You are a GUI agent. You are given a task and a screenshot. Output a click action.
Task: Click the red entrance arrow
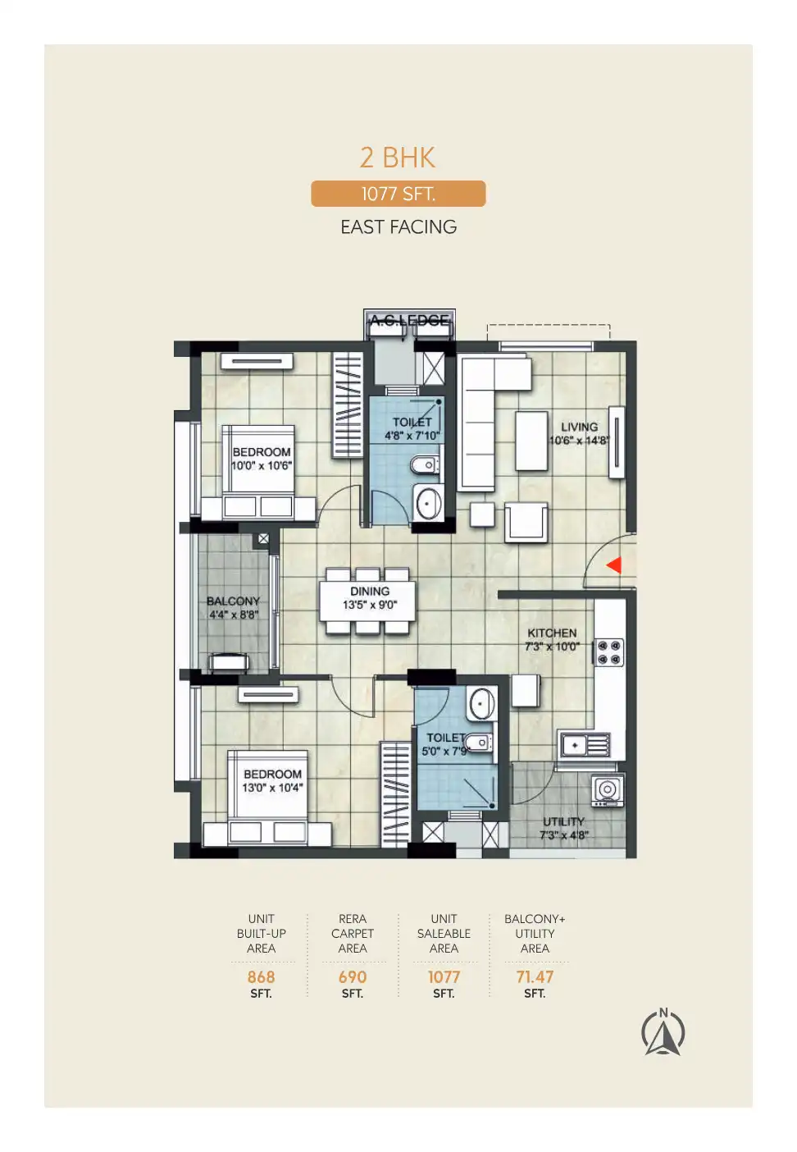[x=615, y=565]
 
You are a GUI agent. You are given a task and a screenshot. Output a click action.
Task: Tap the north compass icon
[x=663, y=1031]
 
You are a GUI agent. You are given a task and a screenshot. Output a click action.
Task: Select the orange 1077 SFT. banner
[x=398, y=194]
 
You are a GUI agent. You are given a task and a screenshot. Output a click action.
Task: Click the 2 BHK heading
[x=398, y=158]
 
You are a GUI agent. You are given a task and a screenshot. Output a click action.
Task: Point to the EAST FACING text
[x=398, y=226]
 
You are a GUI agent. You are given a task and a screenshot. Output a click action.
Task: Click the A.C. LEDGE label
[x=409, y=320]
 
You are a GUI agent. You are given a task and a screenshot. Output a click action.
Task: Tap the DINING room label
[x=370, y=591]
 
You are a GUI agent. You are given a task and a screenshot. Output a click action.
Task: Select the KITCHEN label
[x=552, y=633]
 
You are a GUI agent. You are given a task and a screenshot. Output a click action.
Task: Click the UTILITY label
[x=563, y=821]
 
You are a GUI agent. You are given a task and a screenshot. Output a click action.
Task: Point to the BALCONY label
[x=234, y=601]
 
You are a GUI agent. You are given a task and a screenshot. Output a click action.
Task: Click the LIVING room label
[x=579, y=427]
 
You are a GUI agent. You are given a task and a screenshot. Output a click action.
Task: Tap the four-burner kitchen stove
[x=609, y=652]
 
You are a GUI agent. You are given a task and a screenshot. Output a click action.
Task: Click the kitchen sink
[x=585, y=745]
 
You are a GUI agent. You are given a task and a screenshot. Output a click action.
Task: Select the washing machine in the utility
[x=608, y=790]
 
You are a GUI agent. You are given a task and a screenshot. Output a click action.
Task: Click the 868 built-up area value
[x=261, y=976]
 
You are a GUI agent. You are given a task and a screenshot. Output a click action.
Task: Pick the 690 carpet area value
[x=353, y=976]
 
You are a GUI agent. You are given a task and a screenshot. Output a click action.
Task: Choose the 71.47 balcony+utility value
[x=535, y=976]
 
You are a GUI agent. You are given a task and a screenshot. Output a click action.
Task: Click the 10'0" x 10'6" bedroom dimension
[x=262, y=466]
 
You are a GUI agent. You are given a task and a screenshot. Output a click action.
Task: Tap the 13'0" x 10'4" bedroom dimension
[x=273, y=788]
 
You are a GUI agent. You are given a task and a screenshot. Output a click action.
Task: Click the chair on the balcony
[x=228, y=662]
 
